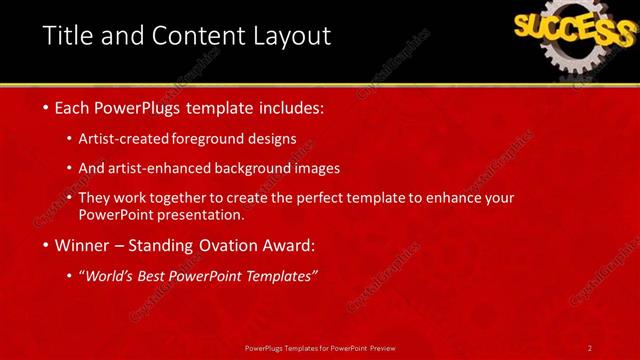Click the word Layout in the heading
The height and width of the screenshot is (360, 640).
coord(291,37)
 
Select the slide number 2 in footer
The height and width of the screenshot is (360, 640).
coord(590,347)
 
